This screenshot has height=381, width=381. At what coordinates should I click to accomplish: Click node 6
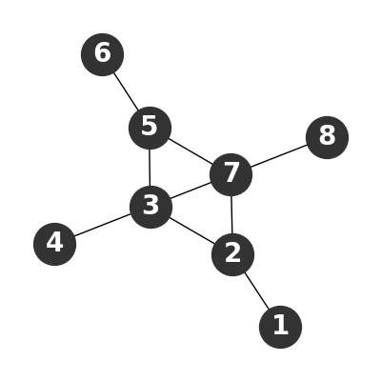(x=102, y=54)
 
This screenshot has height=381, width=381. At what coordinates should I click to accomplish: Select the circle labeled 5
(x=150, y=128)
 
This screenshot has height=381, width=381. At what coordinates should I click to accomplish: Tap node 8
(x=327, y=137)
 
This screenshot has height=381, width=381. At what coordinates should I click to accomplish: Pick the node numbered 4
(x=54, y=244)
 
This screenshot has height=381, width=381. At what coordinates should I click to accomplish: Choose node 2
(x=232, y=254)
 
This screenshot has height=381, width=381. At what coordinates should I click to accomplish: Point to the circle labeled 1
(x=280, y=327)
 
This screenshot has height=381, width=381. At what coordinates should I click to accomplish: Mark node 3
(x=150, y=207)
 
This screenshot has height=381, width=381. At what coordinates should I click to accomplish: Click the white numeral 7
(x=231, y=173)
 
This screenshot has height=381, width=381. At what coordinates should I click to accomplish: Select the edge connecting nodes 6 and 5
(x=126, y=91)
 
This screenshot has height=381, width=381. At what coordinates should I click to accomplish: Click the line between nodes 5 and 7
(x=190, y=151)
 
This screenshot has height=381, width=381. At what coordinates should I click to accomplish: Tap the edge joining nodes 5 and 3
(x=150, y=168)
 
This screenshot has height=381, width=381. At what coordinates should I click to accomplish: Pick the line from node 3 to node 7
(x=190, y=190)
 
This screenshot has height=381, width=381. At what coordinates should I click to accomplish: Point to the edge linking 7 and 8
(x=279, y=156)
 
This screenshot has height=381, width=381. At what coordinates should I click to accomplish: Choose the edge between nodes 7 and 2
(x=231, y=214)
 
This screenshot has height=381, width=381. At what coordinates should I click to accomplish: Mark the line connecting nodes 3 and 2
(x=191, y=231)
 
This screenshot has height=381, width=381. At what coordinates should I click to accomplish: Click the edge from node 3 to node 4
(x=103, y=226)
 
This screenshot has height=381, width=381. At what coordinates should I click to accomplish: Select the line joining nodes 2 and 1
(x=256, y=291)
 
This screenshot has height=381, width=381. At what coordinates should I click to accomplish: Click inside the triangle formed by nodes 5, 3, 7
(x=177, y=170)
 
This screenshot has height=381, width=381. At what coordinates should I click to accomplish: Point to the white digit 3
(x=150, y=206)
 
